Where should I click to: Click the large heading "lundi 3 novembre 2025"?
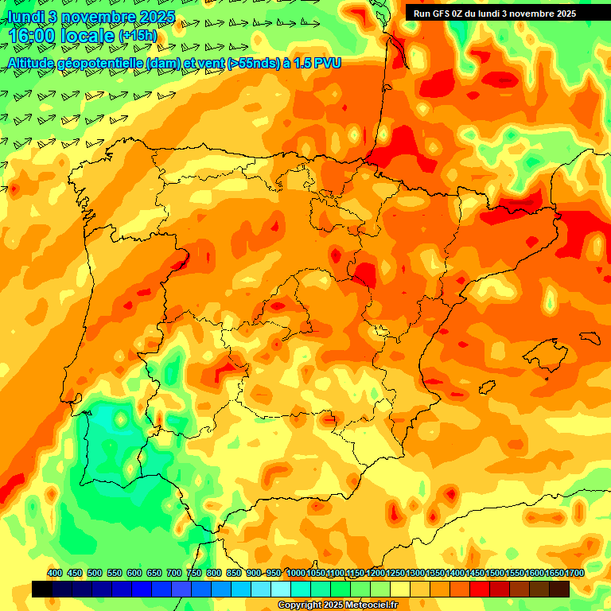[91, 17]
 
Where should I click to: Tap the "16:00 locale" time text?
[60, 36]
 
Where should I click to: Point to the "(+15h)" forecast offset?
[138, 36]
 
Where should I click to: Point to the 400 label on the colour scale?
[55, 573]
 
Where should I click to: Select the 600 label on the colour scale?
[134, 573]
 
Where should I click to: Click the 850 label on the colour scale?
[233, 573]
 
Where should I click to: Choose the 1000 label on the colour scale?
[295, 573]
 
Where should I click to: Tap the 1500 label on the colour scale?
[495, 573]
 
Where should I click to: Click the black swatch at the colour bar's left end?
[42, 589]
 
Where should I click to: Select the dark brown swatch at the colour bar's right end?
[559, 589]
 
